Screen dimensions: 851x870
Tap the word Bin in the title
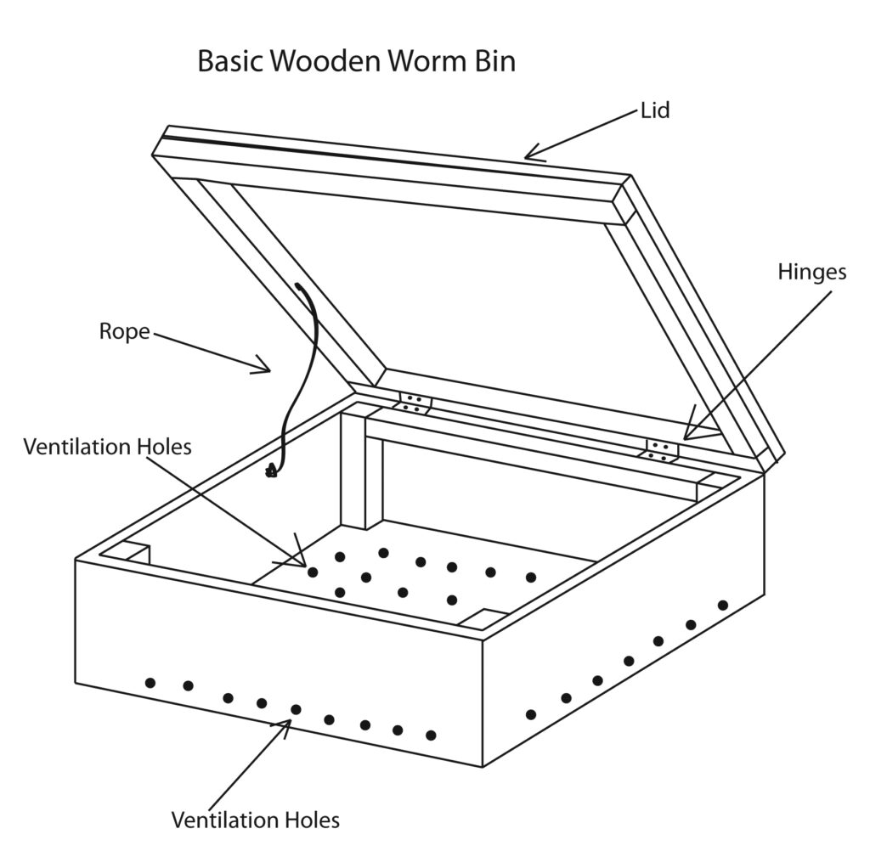click(492, 62)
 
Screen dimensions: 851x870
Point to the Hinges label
click(812, 272)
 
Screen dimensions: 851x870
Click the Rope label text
click(124, 331)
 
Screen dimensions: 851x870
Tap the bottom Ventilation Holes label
click(255, 820)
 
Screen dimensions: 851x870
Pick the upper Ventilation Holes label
click(107, 446)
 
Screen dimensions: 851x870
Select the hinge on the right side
click(663, 451)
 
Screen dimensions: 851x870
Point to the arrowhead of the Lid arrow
click(528, 155)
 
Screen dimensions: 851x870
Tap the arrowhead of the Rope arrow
click(267, 369)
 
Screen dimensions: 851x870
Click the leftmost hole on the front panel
click(150, 682)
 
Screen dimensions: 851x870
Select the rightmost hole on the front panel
click(431, 735)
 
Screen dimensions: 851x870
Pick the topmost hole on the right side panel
click(723, 605)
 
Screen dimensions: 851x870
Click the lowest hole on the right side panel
click(531, 714)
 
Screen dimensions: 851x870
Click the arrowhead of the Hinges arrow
click(686, 437)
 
